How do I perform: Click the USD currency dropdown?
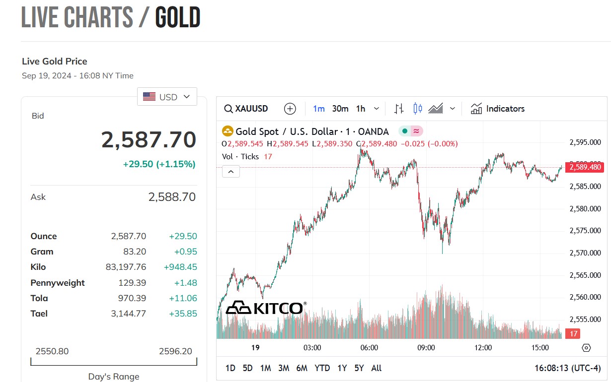167,97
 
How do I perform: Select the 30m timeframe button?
340,109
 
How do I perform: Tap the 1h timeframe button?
361,109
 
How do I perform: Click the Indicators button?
498,109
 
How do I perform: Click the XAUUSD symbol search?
246,109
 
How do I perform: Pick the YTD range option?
322,368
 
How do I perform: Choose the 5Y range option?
359,368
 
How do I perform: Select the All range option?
377,368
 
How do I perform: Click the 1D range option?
230,368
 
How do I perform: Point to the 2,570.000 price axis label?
585,253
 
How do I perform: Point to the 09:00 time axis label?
426,348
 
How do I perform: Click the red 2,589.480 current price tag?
585,168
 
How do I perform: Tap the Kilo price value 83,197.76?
126,267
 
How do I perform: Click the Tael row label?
39,314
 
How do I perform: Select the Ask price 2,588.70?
172,197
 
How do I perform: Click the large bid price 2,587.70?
149,140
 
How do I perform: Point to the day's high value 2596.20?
175,351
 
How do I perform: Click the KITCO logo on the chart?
266,308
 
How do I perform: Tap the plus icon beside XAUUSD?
290,109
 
